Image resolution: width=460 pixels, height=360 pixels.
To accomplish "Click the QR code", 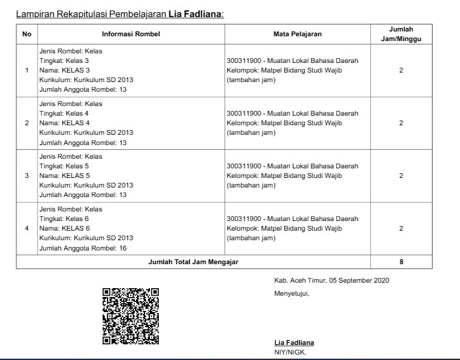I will [x=130, y=316].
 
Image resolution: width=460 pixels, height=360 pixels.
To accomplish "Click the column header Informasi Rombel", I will [x=131, y=34].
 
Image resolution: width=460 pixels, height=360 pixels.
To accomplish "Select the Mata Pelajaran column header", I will [x=297, y=34].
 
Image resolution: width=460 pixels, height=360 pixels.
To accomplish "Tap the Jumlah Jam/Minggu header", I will [x=400, y=34].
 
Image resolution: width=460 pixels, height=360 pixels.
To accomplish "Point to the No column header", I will [x=27, y=34].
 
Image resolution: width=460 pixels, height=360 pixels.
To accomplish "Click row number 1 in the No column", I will [x=27, y=70].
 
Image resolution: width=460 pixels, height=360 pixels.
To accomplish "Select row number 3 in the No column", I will [x=27, y=176].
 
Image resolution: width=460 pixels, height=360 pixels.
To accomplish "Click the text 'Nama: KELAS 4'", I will [x=64, y=123].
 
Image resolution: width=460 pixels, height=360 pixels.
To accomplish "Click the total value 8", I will [x=400, y=261].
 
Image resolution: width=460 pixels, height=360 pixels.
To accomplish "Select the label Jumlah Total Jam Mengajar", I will [x=194, y=261].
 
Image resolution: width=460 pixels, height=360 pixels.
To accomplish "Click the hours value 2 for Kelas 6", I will [x=400, y=229].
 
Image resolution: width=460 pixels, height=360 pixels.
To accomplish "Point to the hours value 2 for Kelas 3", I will [x=400, y=70].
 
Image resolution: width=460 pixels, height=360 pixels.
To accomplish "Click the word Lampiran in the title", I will [x=34, y=13].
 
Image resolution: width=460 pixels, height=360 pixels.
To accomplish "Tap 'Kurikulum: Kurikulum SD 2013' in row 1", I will [x=86, y=79].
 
